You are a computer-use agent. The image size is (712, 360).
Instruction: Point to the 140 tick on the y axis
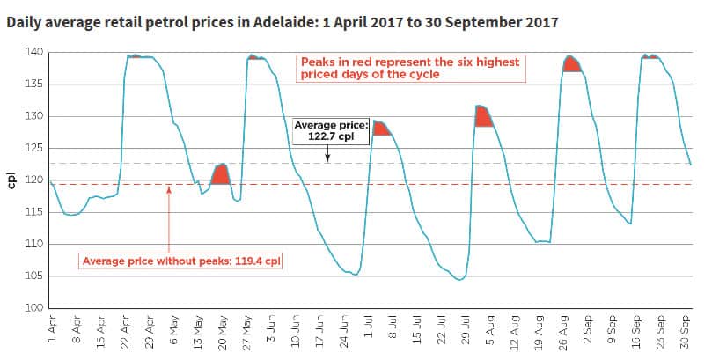coord(34,53)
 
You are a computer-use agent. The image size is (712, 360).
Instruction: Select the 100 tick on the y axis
coord(34,308)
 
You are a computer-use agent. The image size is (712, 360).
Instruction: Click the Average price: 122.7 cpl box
coord(327,131)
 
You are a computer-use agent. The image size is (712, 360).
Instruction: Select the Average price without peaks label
coord(181,261)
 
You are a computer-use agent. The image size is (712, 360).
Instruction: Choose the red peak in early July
coord(381,128)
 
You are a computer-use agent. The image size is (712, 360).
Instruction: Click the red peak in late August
coord(571,64)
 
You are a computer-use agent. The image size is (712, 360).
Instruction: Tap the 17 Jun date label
coord(321,329)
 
